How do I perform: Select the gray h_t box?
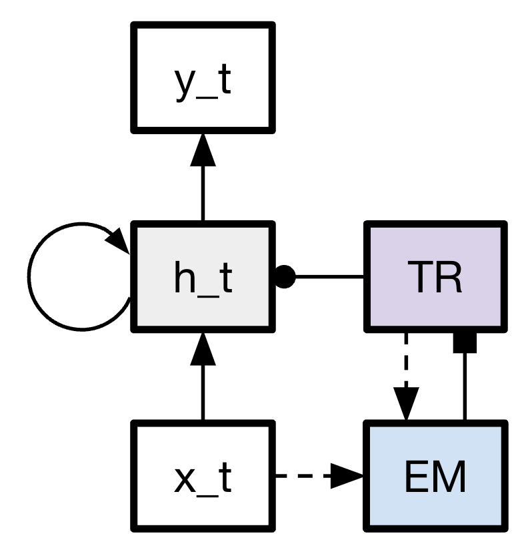[203, 276]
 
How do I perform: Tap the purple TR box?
[434, 276]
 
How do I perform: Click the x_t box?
[203, 476]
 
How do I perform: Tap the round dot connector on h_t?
[285, 276]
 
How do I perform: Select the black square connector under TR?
[464, 341]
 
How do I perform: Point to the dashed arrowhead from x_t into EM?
[347, 476]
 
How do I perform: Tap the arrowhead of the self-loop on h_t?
[120, 238]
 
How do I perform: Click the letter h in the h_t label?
[185, 276]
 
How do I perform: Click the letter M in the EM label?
[448, 476]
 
